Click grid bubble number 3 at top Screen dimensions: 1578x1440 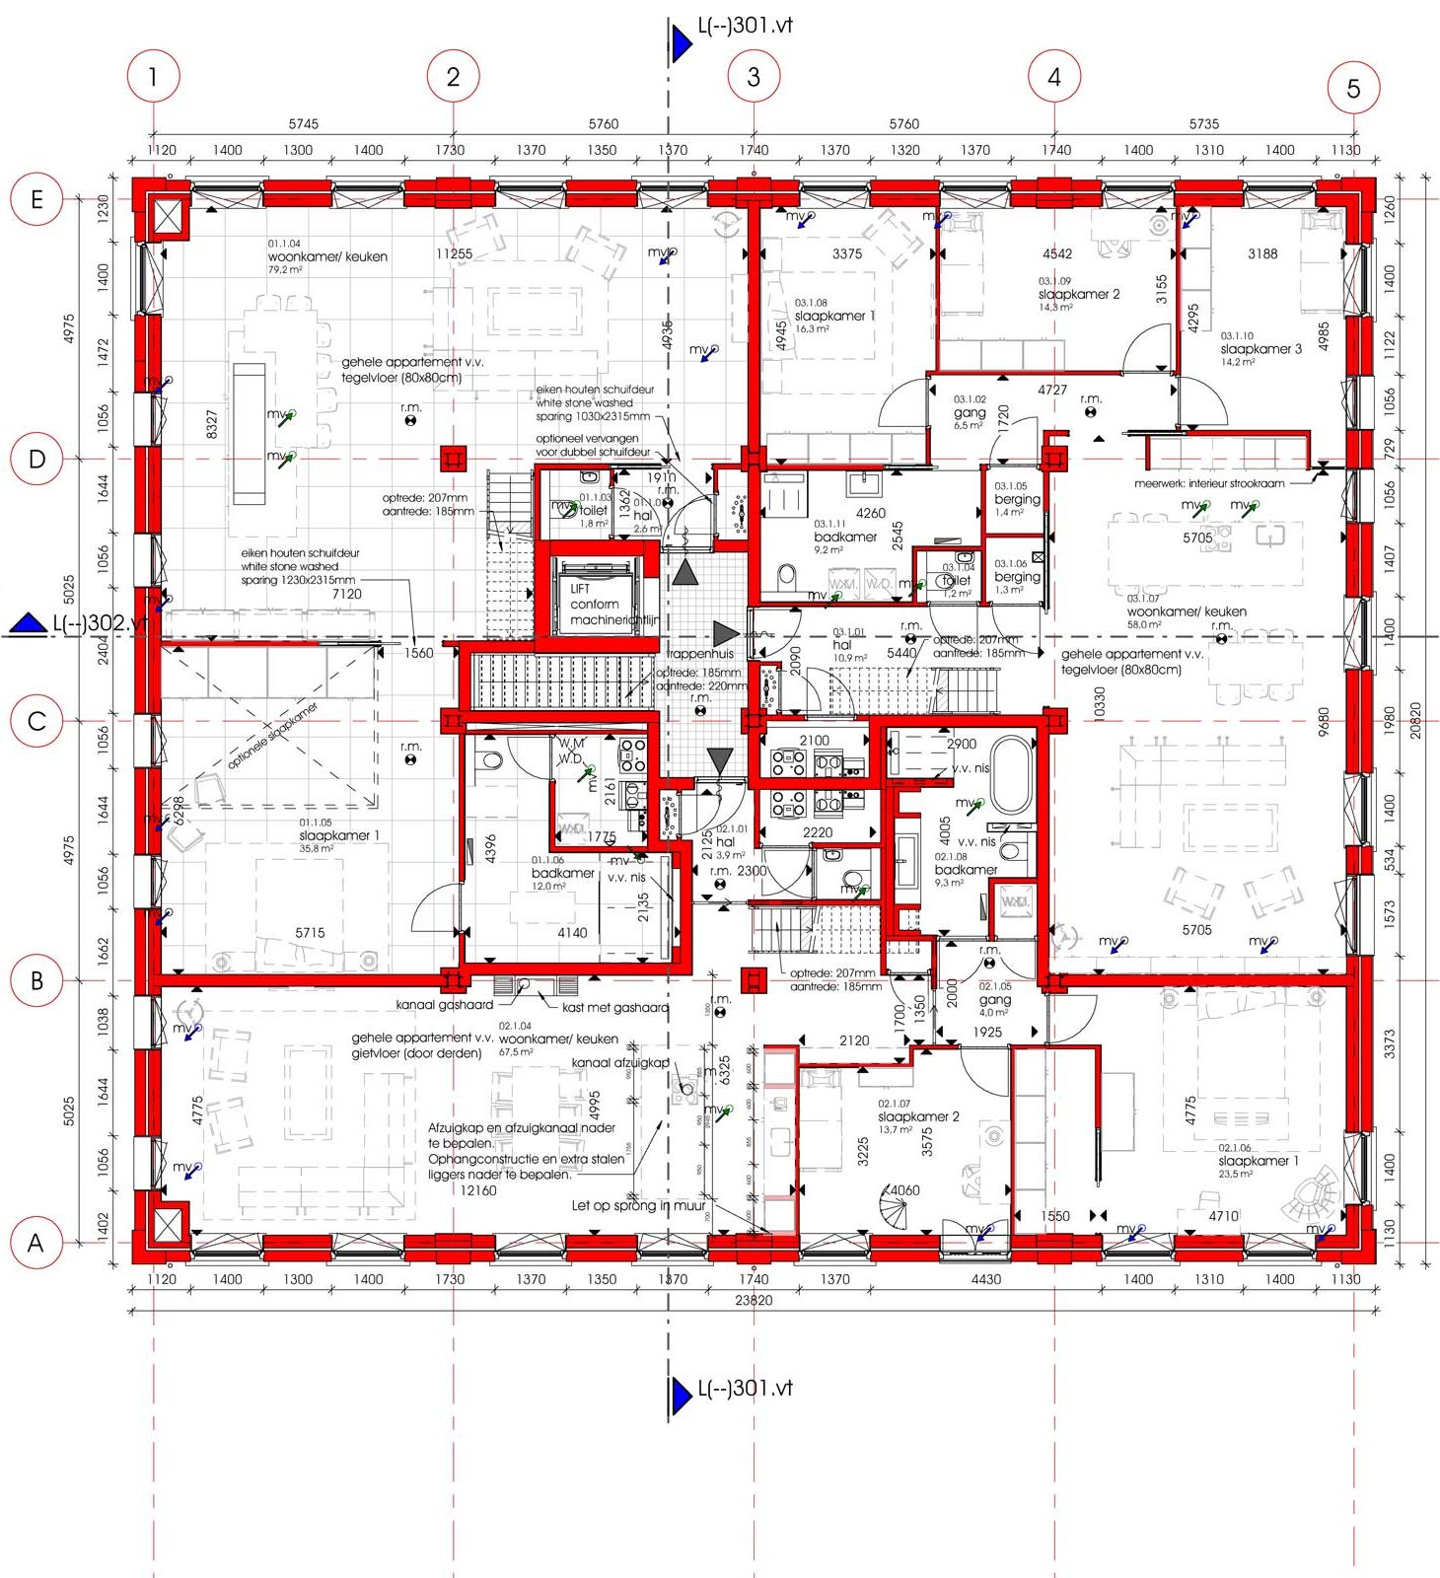click(x=754, y=76)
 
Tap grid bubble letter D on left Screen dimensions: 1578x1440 click(x=36, y=459)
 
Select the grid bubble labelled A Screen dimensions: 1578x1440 click(x=36, y=1243)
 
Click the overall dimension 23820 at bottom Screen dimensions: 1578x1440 click(x=754, y=1300)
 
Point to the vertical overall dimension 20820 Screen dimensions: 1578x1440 click(x=1415, y=721)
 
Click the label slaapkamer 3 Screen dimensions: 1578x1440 click(x=1260, y=349)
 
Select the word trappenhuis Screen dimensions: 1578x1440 click(x=700, y=653)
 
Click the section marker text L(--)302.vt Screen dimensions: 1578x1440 click(x=99, y=623)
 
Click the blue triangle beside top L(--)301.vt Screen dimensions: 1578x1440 click(x=681, y=43)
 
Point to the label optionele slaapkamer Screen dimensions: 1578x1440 click(x=273, y=735)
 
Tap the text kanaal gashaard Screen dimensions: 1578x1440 click(x=444, y=1005)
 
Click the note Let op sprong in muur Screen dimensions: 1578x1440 click(x=638, y=1205)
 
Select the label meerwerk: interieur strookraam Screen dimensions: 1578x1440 click(x=1209, y=483)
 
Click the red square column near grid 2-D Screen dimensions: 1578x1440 click(x=453, y=459)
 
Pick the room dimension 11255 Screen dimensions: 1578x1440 click(x=454, y=253)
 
